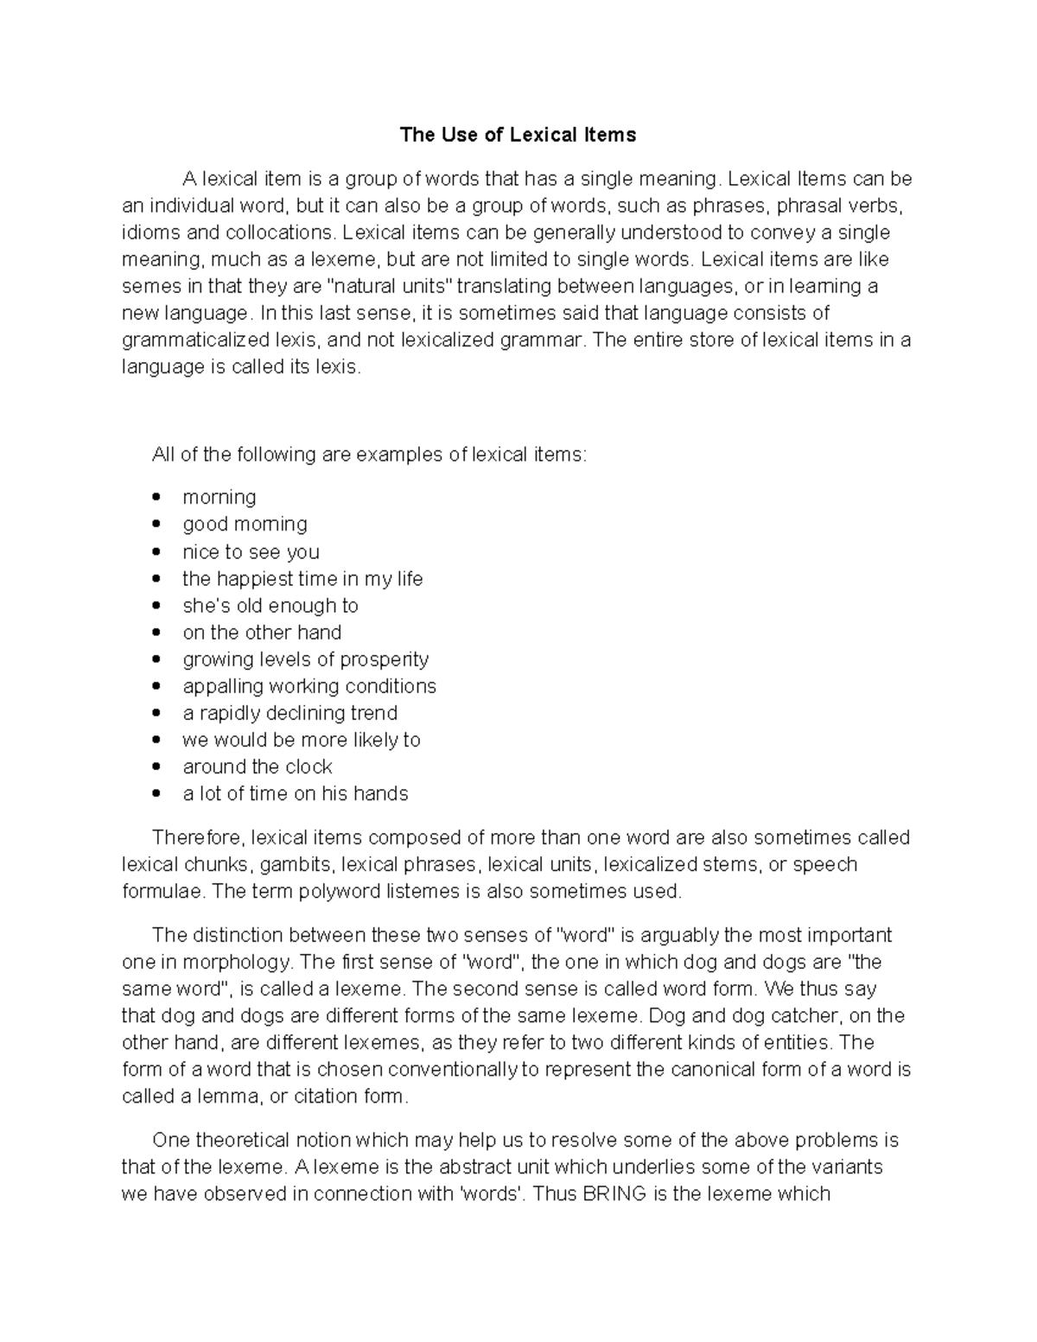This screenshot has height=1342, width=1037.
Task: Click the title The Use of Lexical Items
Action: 518,135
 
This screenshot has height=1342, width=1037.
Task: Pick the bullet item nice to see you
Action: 251,551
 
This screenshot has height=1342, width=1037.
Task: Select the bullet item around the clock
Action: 257,766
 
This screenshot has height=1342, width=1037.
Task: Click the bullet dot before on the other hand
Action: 156,633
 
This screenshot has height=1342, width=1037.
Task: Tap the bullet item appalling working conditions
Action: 309,686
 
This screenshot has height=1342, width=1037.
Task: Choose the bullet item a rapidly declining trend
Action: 289,713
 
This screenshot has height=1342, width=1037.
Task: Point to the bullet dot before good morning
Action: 156,525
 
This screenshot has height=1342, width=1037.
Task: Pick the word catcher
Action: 807,1015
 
